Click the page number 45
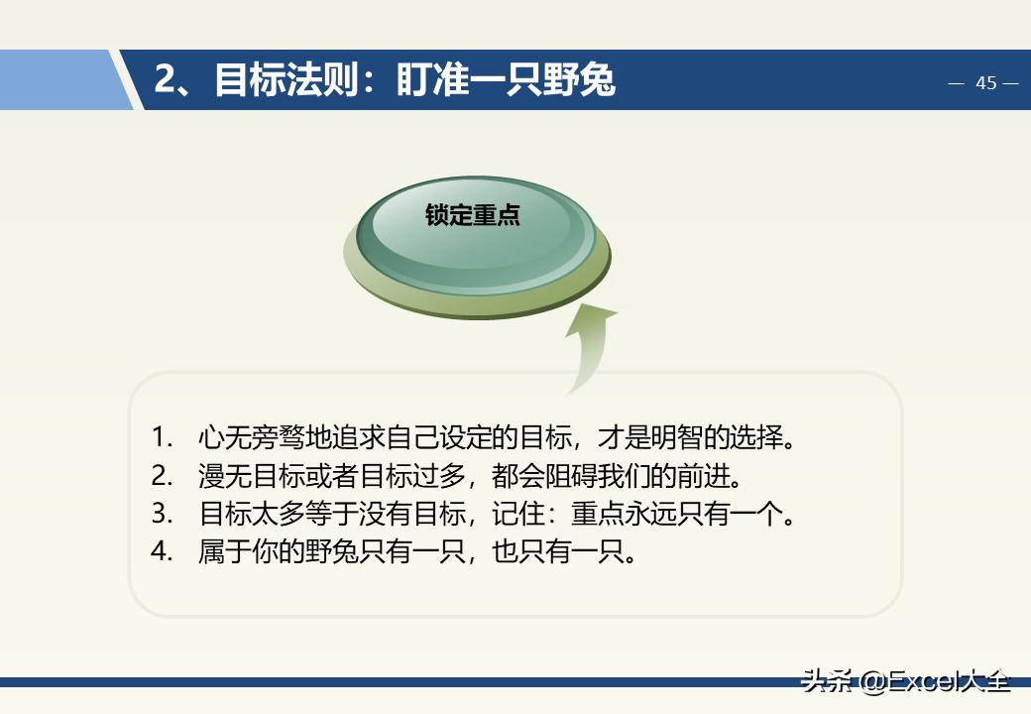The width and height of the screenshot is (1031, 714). coord(985,83)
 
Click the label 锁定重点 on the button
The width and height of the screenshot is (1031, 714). coord(473,215)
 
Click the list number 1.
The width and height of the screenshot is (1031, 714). coord(162,437)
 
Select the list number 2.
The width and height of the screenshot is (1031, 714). coord(162,476)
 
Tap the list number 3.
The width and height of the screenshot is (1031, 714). coord(162,514)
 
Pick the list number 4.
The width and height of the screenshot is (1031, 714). coord(162,551)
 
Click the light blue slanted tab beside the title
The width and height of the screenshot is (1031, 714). coord(59,80)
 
